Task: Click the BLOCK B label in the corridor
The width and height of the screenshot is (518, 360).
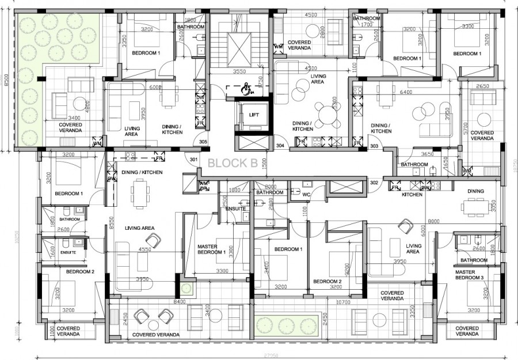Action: point(233,163)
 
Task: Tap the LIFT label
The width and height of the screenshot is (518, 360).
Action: point(254,115)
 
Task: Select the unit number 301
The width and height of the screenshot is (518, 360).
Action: point(193,160)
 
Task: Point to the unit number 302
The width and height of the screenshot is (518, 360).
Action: point(374,183)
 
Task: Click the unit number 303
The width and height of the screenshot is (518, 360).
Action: point(374,147)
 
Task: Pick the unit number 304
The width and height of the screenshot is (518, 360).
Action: point(280,146)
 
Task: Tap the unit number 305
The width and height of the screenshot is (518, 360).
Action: point(203,142)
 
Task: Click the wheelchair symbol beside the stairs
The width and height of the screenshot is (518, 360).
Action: point(246,89)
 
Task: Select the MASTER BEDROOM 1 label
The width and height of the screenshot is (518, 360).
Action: point(211,249)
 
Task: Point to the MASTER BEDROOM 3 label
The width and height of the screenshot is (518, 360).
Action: point(473,275)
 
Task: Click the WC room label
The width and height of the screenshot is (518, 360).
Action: point(307,195)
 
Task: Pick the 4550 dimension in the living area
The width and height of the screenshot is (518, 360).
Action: point(146,250)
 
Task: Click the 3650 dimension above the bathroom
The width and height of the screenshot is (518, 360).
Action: point(427,154)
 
